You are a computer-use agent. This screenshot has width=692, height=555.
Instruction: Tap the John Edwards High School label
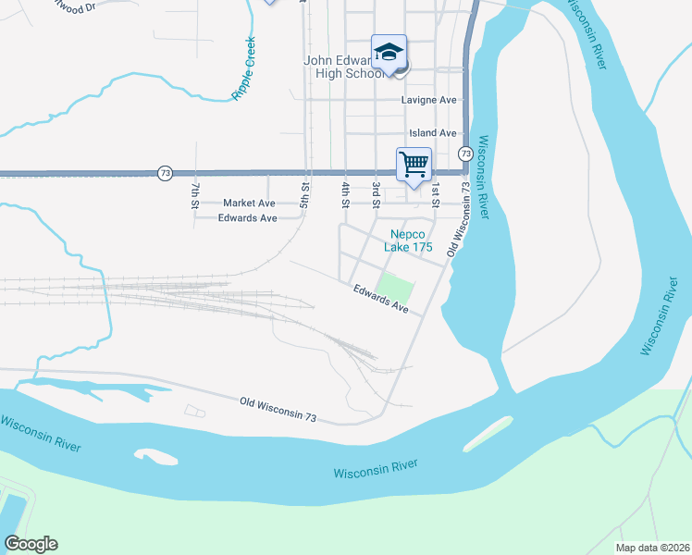(x=344, y=68)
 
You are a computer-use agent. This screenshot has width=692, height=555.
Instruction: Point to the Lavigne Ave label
(x=429, y=100)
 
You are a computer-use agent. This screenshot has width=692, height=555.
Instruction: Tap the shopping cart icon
(x=414, y=165)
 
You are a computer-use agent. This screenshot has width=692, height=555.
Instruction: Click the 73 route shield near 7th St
(x=165, y=173)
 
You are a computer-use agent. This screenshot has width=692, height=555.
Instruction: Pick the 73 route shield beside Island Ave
(x=465, y=153)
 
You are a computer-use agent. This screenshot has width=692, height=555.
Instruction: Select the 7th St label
(x=195, y=196)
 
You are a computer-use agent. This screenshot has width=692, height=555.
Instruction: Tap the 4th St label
(x=344, y=194)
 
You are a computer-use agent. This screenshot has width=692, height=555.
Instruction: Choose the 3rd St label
(x=377, y=194)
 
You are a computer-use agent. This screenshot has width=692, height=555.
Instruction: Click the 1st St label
(x=434, y=196)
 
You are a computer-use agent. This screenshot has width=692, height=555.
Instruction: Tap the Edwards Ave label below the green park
(x=380, y=299)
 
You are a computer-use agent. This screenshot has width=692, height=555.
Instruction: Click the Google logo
(x=31, y=544)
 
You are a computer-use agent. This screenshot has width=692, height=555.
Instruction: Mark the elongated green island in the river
(x=488, y=433)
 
